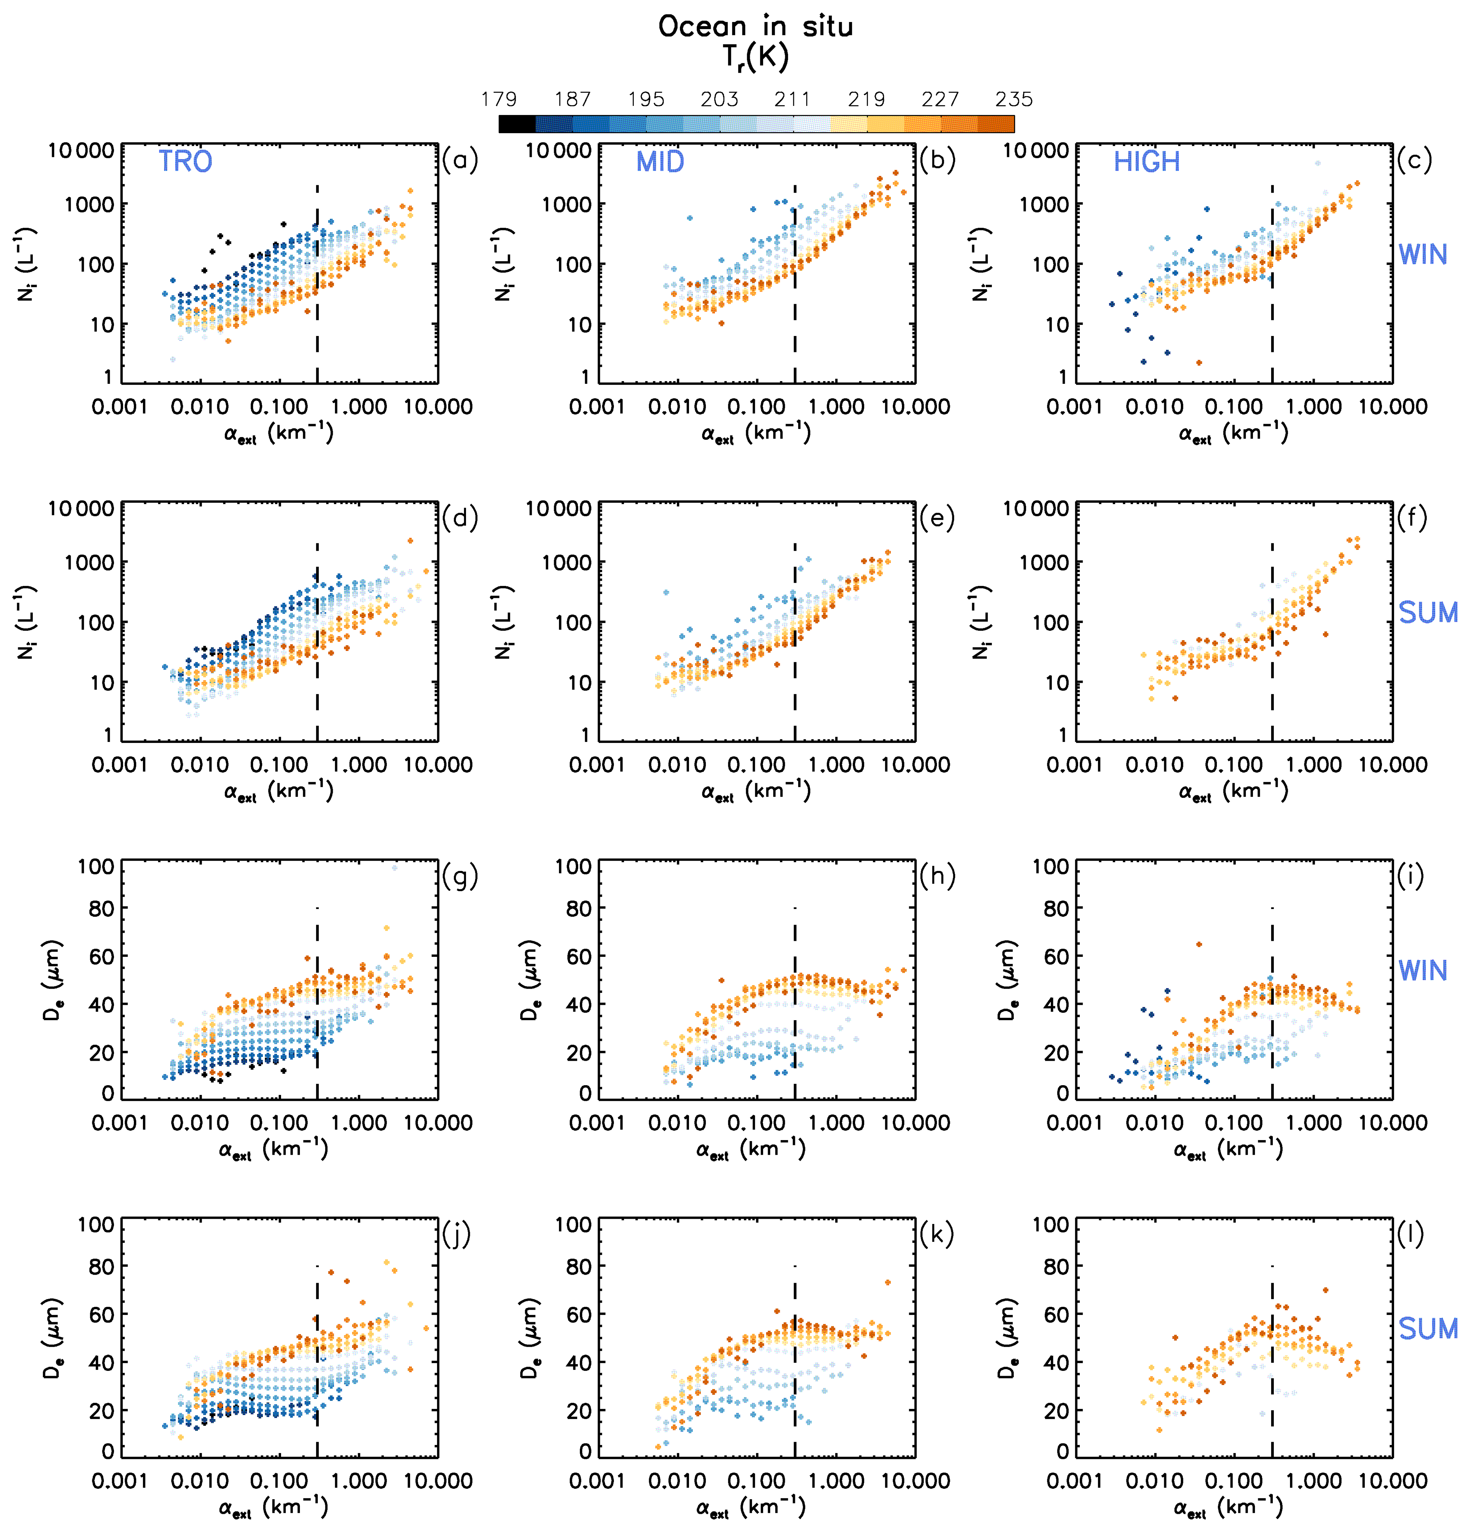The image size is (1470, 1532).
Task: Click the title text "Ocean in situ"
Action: click(755, 27)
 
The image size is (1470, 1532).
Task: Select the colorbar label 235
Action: click(1013, 99)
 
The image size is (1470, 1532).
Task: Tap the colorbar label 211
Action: click(793, 99)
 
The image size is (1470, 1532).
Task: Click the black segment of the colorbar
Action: click(517, 123)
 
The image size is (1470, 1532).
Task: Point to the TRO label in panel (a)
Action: click(185, 162)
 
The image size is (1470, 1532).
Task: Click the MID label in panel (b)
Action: click(660, 162)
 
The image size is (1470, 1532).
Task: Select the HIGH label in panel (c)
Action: click(1146, 162)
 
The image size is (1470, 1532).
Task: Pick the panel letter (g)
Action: click(459, 876)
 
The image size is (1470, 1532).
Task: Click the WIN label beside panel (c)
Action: click(1422, 255)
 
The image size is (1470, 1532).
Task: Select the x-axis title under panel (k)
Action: click(750, 1507)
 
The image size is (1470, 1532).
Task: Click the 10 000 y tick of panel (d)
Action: click(81, 509)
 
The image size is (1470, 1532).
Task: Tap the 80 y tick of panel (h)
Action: click(578, 909)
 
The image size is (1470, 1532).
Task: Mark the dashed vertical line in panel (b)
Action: click(795, 281)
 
